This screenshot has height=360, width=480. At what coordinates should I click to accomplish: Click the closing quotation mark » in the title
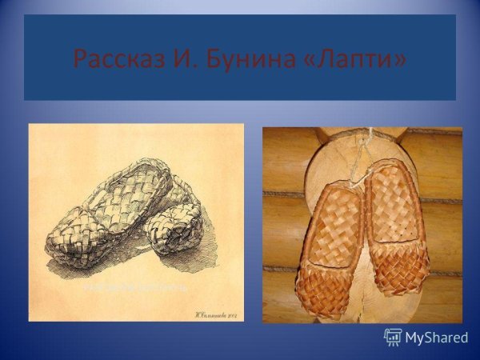tap(398, 58)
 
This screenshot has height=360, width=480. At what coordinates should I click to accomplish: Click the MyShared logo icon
tap(393, 337)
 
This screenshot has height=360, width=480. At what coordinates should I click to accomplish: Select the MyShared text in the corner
tap(436, 338)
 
